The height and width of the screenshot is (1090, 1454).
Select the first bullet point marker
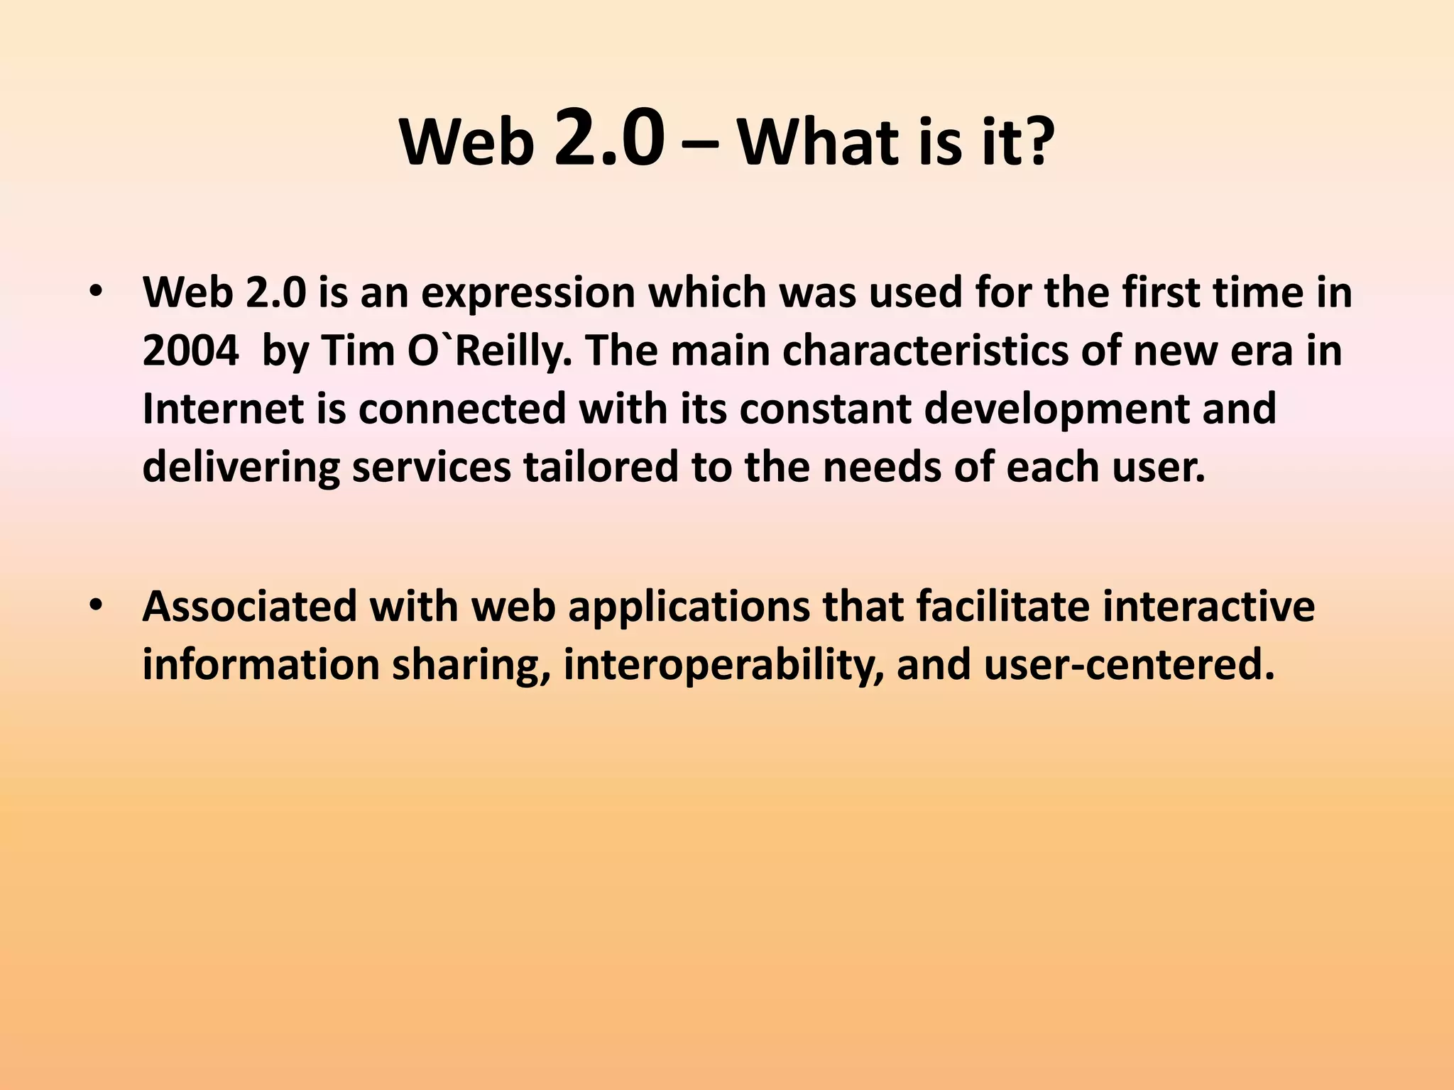97,292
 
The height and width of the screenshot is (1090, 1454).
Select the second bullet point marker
97,605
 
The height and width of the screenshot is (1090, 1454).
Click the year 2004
190,351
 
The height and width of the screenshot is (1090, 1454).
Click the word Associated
249,607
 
